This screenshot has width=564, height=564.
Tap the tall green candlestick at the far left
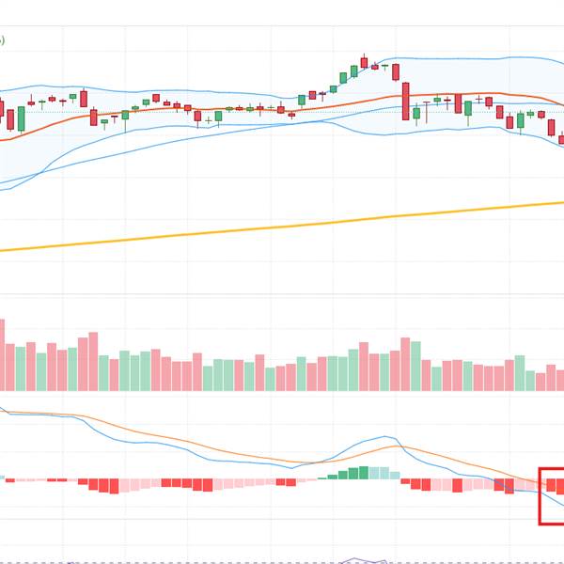(x=21, y=118)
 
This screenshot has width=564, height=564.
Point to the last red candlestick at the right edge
(x=562, y=140)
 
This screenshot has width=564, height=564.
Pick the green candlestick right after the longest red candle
(x=416, y=114)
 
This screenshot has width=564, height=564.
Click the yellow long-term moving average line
(x=282, y=226)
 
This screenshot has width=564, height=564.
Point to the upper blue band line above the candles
(x=451, y=59)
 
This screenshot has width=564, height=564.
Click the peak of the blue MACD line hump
(x=384, y=437)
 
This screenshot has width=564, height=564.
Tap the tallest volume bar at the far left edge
(x=2, y=355)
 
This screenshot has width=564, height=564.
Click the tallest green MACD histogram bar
(x=364, y=473)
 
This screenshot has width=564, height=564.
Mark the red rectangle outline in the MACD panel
(x=540, y=495)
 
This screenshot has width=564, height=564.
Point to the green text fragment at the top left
(x=3, y=40)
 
